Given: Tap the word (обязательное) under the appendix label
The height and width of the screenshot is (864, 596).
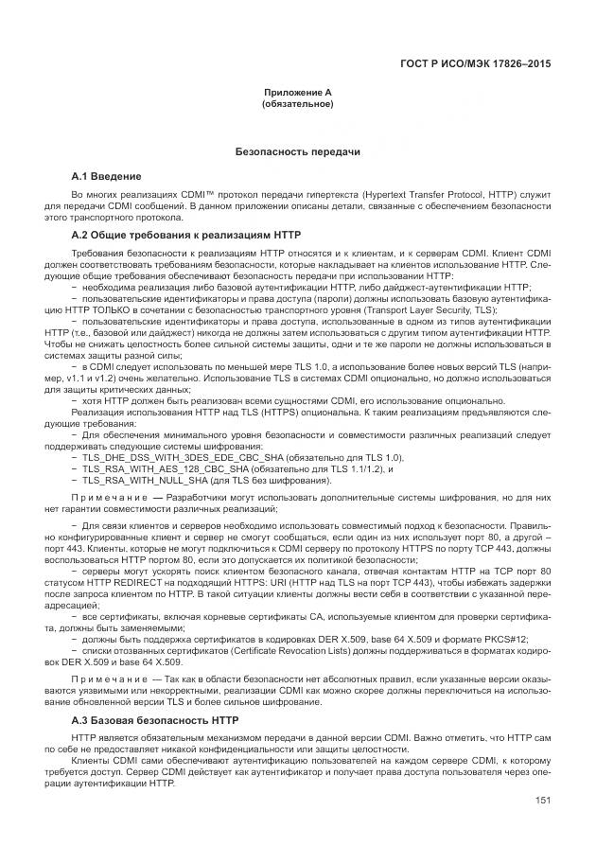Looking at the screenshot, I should pos(297,103).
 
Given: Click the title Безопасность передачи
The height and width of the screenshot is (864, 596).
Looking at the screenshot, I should pos(297,151).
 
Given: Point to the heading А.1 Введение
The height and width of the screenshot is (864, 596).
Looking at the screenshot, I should pos(107,176).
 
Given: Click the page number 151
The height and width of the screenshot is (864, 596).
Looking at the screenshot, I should pos(543,801).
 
